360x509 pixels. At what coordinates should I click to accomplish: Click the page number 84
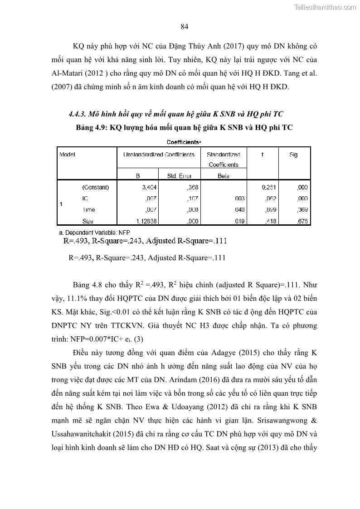pos(184,27)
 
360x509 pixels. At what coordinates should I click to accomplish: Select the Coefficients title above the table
pos(183,142)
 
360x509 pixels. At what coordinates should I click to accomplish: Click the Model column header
pos(67,155)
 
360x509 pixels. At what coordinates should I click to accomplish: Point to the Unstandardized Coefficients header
pos(159,155)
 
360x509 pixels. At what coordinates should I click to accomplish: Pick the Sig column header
pos(293,155)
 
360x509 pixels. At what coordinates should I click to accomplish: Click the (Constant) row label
pos(95,187)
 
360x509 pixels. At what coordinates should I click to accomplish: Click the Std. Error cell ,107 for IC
pos(193,199)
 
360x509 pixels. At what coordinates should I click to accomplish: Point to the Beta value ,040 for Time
pos(239,210)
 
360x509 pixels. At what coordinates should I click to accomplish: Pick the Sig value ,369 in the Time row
pos(302,210)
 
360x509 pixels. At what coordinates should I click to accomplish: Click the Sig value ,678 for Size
pos(302,221)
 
